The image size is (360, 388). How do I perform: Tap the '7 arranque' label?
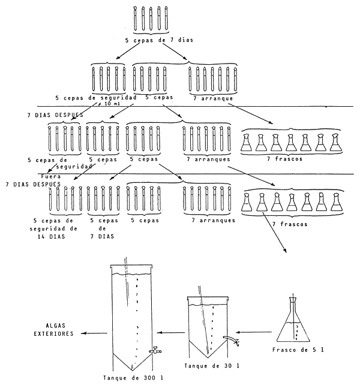pos(212,97)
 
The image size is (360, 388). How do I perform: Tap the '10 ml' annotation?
pos(113,103)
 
